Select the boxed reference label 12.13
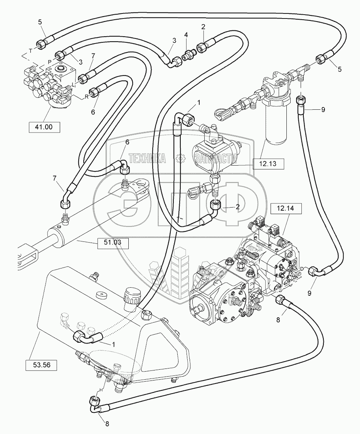[268, 164]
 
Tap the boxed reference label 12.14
[285, 209]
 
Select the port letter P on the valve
[49, 61]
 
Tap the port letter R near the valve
[86, 97]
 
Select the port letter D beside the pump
[302, 268]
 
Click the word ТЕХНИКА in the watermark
[147, 158]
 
